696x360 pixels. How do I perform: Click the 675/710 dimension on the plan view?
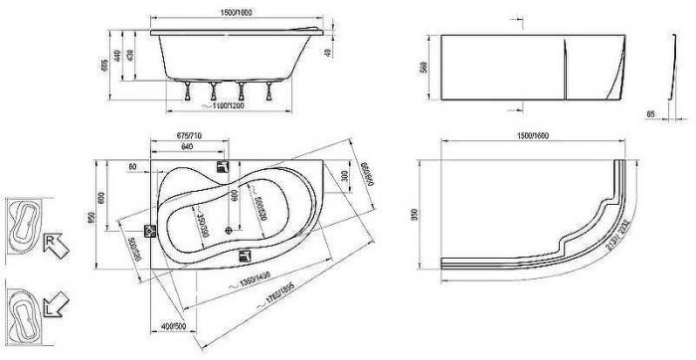coord(191,135)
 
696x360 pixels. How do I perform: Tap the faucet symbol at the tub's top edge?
coord(223,168)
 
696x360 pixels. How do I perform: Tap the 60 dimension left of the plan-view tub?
coord(132,167)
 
